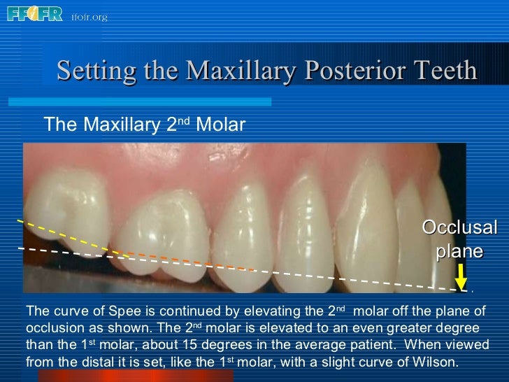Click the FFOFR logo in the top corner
34,13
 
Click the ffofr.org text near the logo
89,17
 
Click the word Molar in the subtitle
221,125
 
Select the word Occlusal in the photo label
459,227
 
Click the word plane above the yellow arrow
459,251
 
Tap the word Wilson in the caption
436,362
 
